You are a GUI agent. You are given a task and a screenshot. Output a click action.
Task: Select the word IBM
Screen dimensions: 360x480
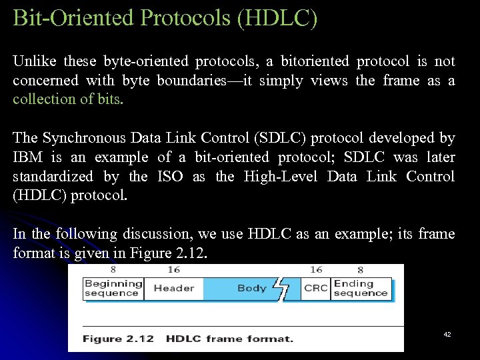[x=28, y=157]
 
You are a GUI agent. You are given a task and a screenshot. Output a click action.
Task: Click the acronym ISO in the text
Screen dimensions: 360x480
[x=171, y=177]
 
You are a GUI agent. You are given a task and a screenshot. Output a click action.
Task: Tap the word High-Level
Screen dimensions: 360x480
[x=279, y=177]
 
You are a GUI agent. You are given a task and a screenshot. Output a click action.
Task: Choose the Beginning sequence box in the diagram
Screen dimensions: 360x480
[x=113, y=289]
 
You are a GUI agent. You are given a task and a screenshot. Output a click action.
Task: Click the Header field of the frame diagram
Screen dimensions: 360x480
[x=173, y=289]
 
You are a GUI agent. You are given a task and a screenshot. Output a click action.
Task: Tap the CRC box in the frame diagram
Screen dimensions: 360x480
[x=315, y=289]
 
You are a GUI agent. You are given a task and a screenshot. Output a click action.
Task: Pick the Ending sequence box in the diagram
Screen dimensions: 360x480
[x=361, y=289]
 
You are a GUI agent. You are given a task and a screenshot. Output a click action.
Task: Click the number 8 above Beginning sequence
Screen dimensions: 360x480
[x=113, y=270]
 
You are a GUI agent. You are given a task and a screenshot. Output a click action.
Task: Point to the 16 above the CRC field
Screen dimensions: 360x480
[x=316, y=270]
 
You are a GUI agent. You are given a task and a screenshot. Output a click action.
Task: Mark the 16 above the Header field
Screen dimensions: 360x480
[x=174, y=270]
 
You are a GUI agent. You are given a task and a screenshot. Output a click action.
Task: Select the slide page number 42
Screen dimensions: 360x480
[x=447, y=334]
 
